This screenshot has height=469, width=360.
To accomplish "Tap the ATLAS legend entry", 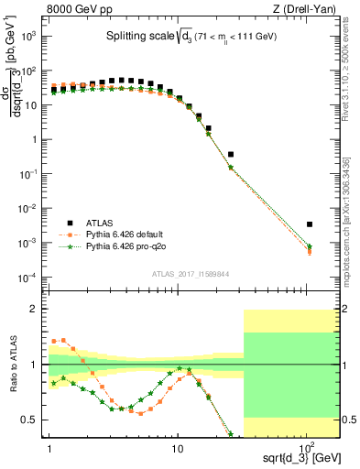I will point(102,223).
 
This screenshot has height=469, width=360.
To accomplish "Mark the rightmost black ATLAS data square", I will point(310,224).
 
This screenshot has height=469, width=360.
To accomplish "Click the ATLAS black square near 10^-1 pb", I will point(231,155).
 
